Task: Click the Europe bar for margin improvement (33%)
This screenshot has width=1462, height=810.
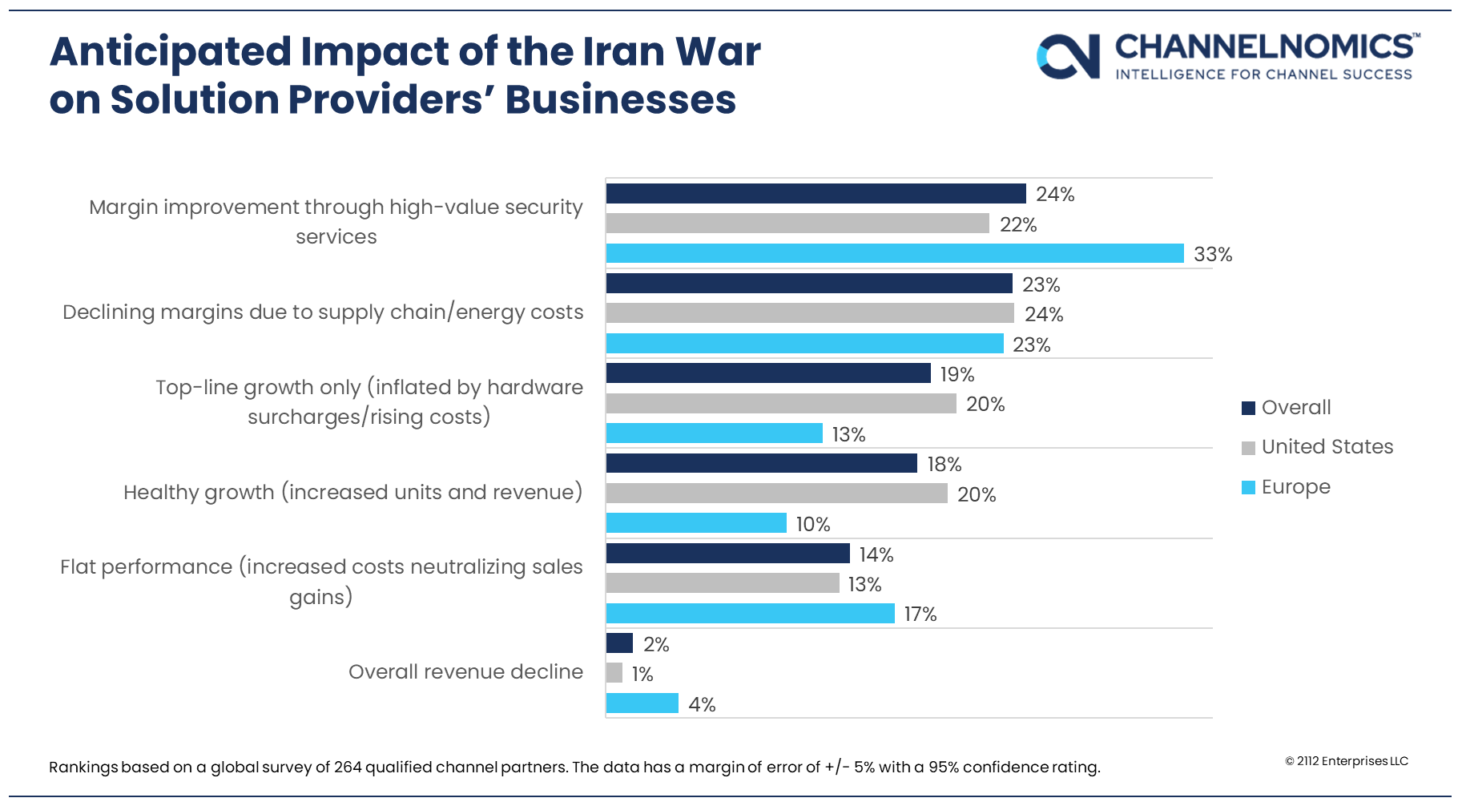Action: pyautogui.click(x=894, y=253)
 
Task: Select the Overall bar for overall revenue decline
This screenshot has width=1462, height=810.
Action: pyautogui.click(x=619, y=643)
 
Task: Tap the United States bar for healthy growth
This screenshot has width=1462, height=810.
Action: pyautogui.click(x=776, y=494)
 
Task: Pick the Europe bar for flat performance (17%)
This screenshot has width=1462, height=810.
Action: pyautogui.click(x=750, y=614)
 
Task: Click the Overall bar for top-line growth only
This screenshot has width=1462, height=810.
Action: pyautogui.click(x=768, y=373)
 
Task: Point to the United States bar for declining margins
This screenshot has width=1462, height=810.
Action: pyautogui.click(x=810, y=313)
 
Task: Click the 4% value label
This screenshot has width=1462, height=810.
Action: pyautogui.click(x=702, y=704)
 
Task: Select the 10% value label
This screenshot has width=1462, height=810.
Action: pyautogui.click(x=812, y=524)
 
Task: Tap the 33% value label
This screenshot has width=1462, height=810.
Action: pyautogui.click(x=1212, y=254)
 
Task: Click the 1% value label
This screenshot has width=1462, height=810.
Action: pyautogui.click(x=642, y=674)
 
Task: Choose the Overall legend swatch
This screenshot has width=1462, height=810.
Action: pyautogui.click(x=1248, y=408)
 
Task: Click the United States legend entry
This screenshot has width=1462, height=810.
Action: pyautogui.click(x=1327, y=447)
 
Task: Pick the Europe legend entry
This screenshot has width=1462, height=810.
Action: pyautogui.click(x=1295, y=487)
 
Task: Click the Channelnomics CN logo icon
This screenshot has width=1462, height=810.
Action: pyautogui.click(x=1068, y=56)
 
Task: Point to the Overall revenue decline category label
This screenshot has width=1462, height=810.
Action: pyautogui.click(x=465, y=671)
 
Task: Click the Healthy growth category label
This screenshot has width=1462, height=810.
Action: pyautogui.click(x=352, y=492)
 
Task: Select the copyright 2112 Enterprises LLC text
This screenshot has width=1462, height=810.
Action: pyautogui.click(x=1346, y=761)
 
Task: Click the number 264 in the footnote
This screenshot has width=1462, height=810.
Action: pyautogui.click(x=348, y=767)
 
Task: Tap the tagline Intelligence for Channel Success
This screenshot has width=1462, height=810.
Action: pyautogui.click(x=1263, y=75)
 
